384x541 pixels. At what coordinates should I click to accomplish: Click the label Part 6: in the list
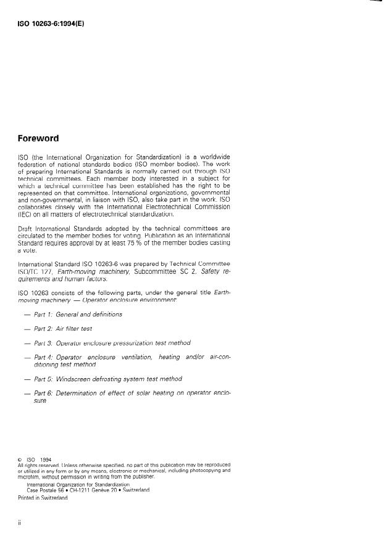pyautogui.click(x=43, y=393)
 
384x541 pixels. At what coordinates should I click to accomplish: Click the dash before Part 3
pyautogui.click(x=27, y=343)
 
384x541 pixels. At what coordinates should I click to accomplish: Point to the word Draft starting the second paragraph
pyautogui.click(x=27, y=227)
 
